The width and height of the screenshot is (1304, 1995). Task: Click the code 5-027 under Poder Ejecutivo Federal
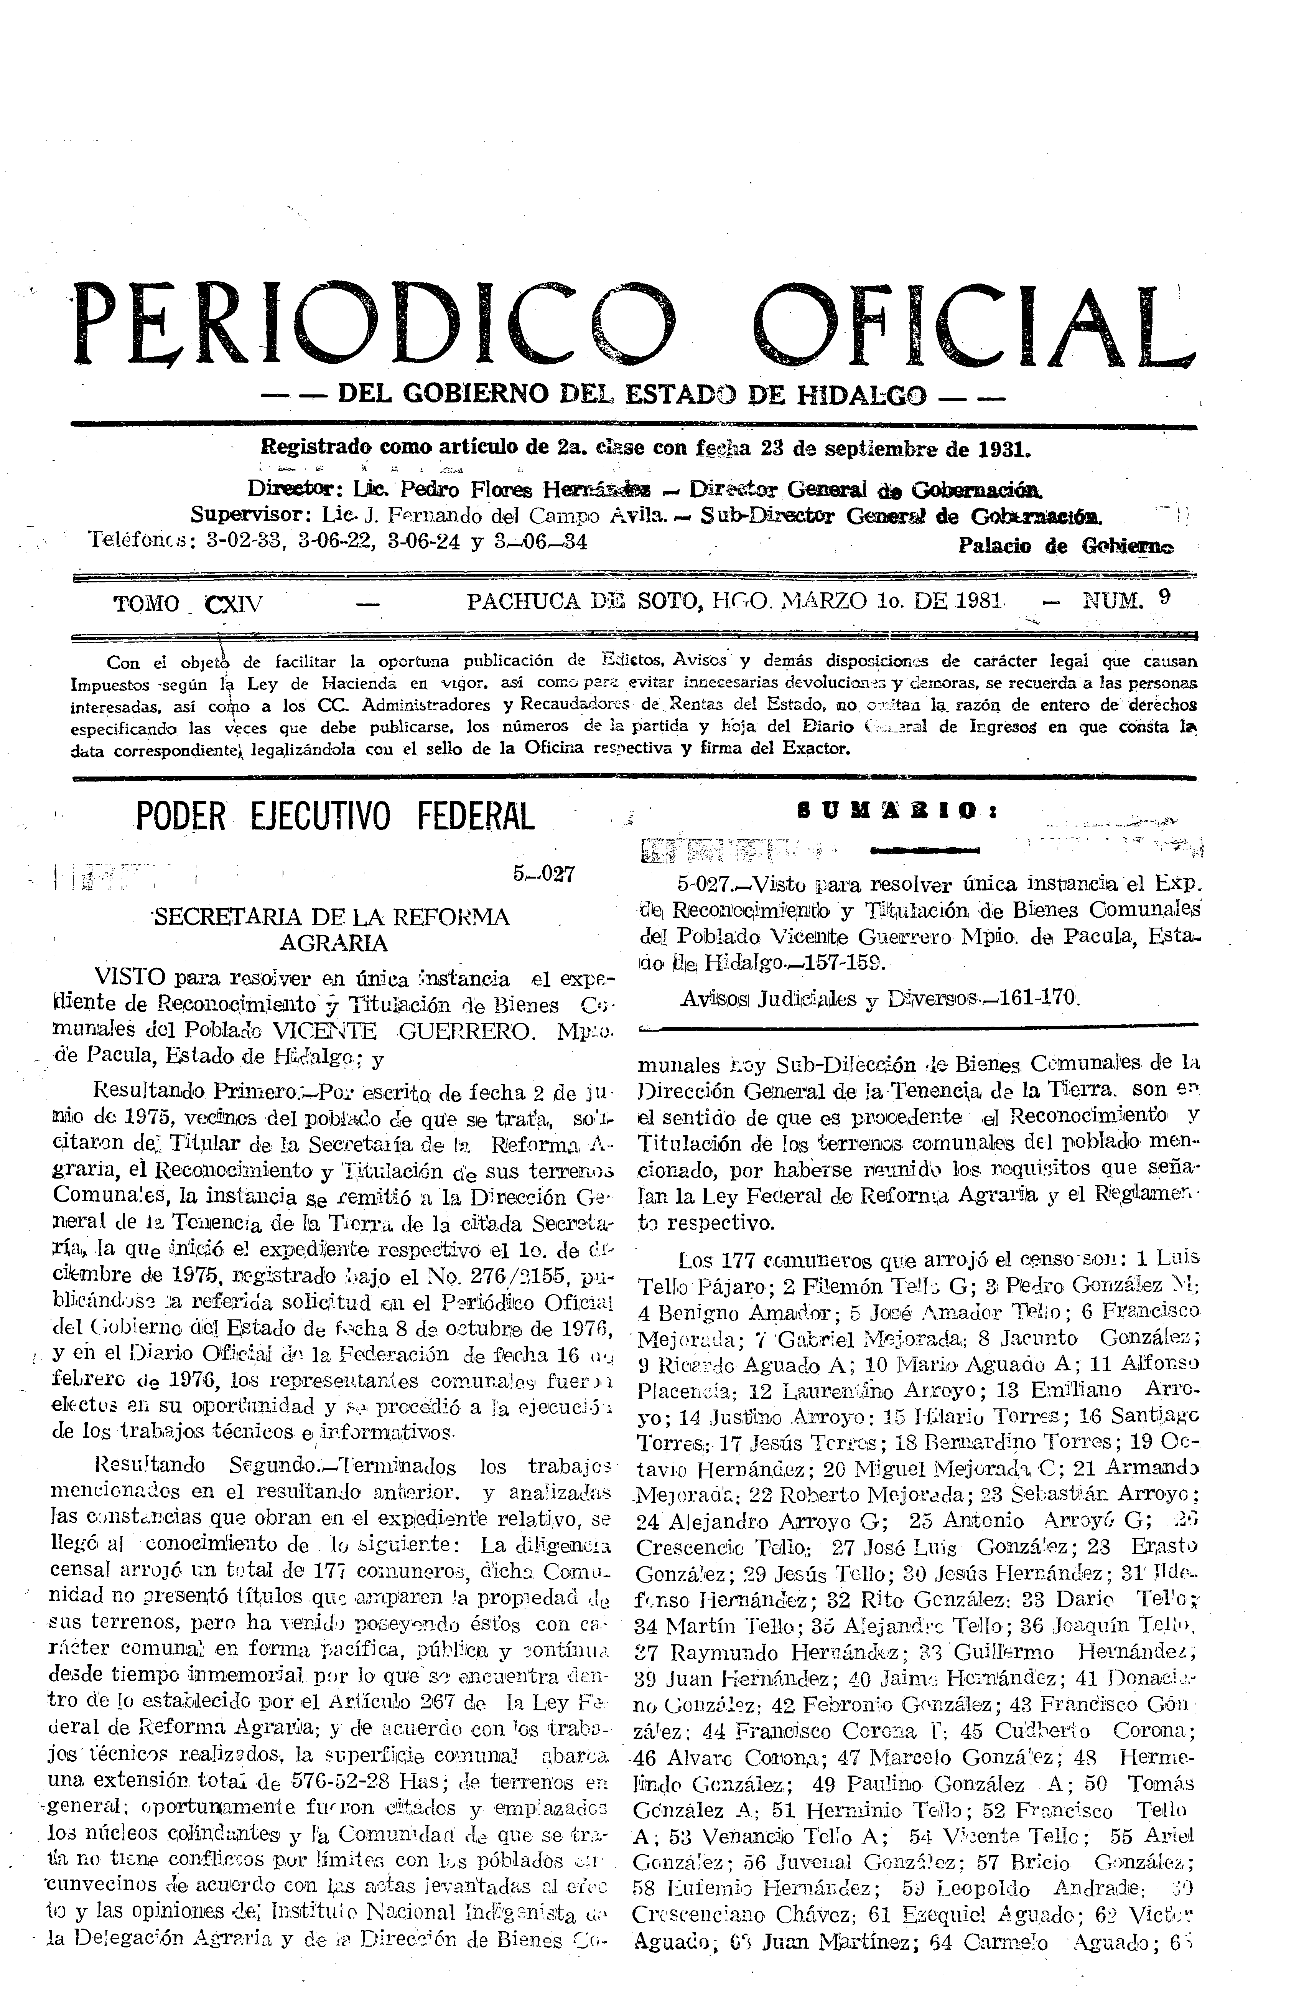[543, 874]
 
